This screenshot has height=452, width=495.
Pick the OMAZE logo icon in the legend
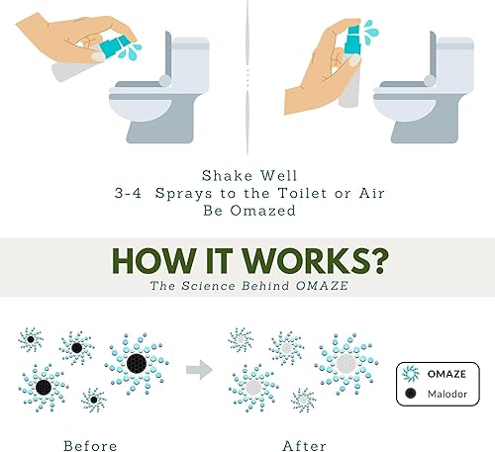pyautogui.click(x=410, y=372)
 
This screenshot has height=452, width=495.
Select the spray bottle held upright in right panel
pyautogui.click(x=346, y=74)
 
